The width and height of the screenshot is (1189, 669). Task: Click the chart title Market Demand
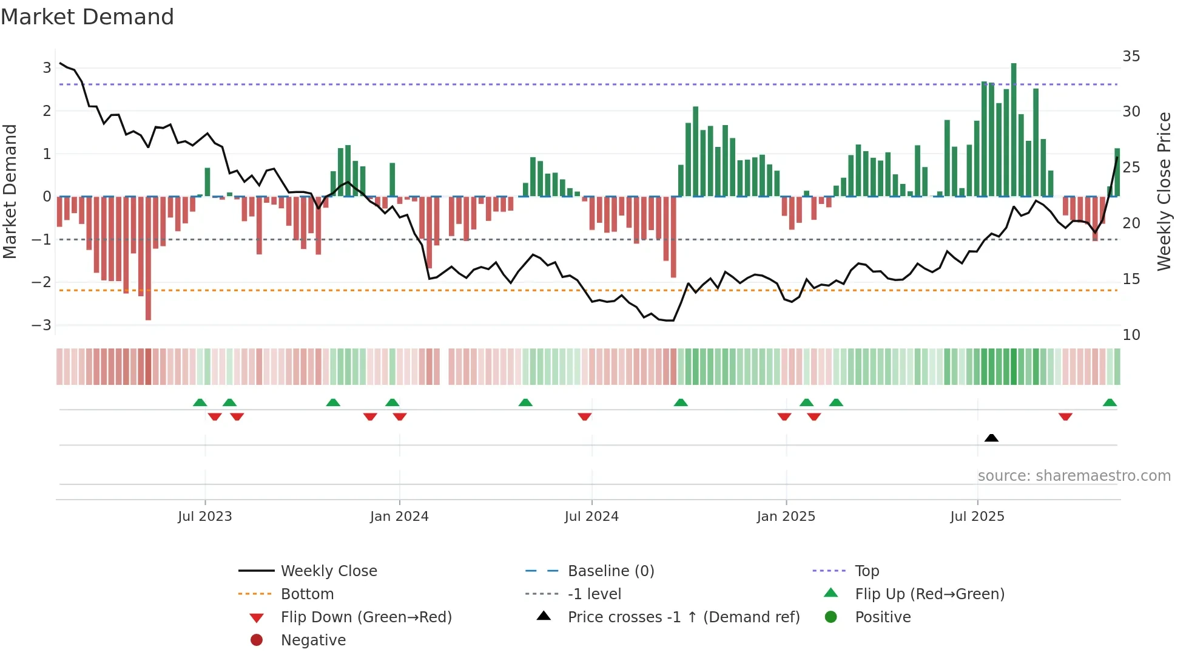click(87, 17)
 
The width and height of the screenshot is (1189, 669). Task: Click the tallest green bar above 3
click(1014, 127)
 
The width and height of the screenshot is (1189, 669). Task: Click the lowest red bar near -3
click(148, 258)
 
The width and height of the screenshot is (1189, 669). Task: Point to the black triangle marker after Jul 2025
click(991, 438)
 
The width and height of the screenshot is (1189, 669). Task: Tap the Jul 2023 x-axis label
click(205, 517)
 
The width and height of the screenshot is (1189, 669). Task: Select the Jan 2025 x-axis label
click(786, 517)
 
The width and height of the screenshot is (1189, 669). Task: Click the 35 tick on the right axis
click(1131, 56)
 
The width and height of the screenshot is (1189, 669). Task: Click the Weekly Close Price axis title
click(1164, 191)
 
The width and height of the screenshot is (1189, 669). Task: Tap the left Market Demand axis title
click(10, 191)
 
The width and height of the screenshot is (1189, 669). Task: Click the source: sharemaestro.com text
click(1074, 476)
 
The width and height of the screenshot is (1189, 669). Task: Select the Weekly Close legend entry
click(328, 571)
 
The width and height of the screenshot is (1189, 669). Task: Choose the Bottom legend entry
click(307, 594)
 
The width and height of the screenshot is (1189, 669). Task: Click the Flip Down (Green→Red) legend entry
click(366, 617)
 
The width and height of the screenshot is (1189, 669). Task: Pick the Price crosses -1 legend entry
click(683, 617)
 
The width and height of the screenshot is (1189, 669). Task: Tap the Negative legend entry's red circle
click(257, 640)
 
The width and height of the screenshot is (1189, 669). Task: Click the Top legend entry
click(866, 571)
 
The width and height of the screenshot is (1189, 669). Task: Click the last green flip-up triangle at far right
click(1110, 402)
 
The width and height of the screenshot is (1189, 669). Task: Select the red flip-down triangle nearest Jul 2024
click(585, 416)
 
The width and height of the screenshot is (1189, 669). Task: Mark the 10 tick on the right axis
click(1131, 335)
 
